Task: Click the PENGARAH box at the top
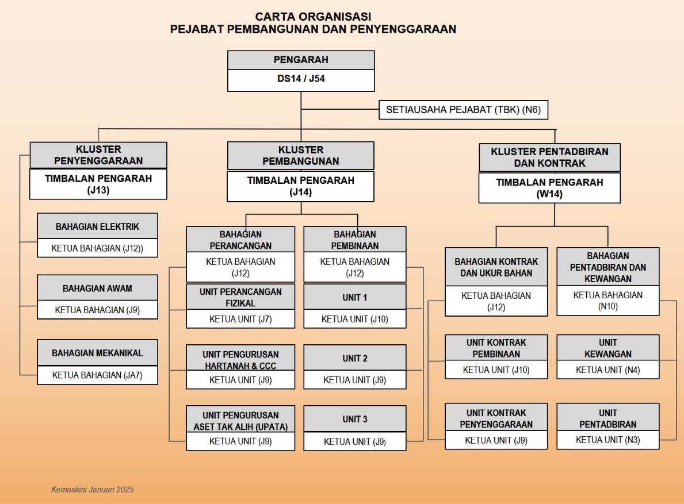(x=301, y=60)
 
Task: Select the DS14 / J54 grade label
(x=301, y=79)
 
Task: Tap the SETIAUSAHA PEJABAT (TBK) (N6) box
(x=463, y=109)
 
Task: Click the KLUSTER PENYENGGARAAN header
(x=98, y=155)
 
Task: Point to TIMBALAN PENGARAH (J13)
(x=98, y=184)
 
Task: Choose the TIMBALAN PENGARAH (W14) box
(x=549, y=188)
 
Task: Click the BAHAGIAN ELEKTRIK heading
(x=97, y=226)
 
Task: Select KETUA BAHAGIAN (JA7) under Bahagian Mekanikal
(x=97, y=375)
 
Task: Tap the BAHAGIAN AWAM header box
(x=97, y=288)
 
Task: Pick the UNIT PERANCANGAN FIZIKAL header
(x=240, y=297)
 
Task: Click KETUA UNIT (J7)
(x=240, y=319)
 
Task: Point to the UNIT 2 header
(x=355, y=358)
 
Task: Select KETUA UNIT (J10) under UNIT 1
(x=355, y=319)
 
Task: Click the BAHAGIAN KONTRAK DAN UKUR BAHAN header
(x=496, y=267)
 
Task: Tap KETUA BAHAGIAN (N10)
(x=608, y=301)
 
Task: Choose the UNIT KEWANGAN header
(x=608, y=348)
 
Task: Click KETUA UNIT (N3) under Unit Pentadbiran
(x=608, y=440)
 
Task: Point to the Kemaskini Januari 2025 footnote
(x=93, y=490)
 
